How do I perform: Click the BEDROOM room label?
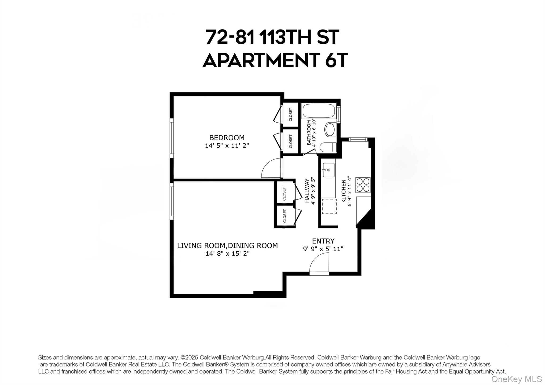227,138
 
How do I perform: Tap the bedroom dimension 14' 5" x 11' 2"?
227,146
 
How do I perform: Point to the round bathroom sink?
330,129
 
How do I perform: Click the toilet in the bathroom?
328,148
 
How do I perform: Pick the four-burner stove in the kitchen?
363,185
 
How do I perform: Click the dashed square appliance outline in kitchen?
329,206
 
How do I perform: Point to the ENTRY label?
323,241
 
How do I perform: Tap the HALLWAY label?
307,191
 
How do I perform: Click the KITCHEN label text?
344,191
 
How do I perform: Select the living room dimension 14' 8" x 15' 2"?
227,253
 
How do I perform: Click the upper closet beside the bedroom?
290,114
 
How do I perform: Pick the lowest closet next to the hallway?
284,216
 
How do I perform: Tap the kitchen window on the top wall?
358,139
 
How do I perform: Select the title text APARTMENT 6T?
275,60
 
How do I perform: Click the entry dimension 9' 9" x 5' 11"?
323,249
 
